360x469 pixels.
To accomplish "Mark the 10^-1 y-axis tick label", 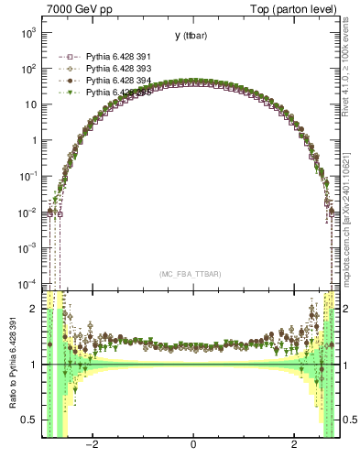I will point(27,176).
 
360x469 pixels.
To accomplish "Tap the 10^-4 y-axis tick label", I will point(27,283).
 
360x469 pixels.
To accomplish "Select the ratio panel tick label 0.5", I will point(30,420).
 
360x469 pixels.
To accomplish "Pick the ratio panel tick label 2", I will point(34,309).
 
